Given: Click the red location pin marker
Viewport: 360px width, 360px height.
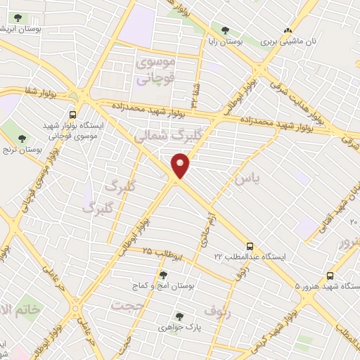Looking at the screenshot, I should tap(181, 167).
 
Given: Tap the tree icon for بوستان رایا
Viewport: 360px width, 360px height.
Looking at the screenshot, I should tap(226, 30).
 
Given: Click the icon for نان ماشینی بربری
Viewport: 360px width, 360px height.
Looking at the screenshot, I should tap(287, 30).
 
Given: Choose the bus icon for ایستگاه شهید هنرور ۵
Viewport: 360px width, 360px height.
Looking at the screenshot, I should tap(330, 276).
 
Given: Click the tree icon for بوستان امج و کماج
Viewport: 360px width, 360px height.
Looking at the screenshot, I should tap(163, 275).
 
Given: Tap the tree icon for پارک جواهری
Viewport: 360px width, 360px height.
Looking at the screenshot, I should tap(179, 317).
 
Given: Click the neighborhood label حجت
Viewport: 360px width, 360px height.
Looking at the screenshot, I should tap(126, 305).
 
